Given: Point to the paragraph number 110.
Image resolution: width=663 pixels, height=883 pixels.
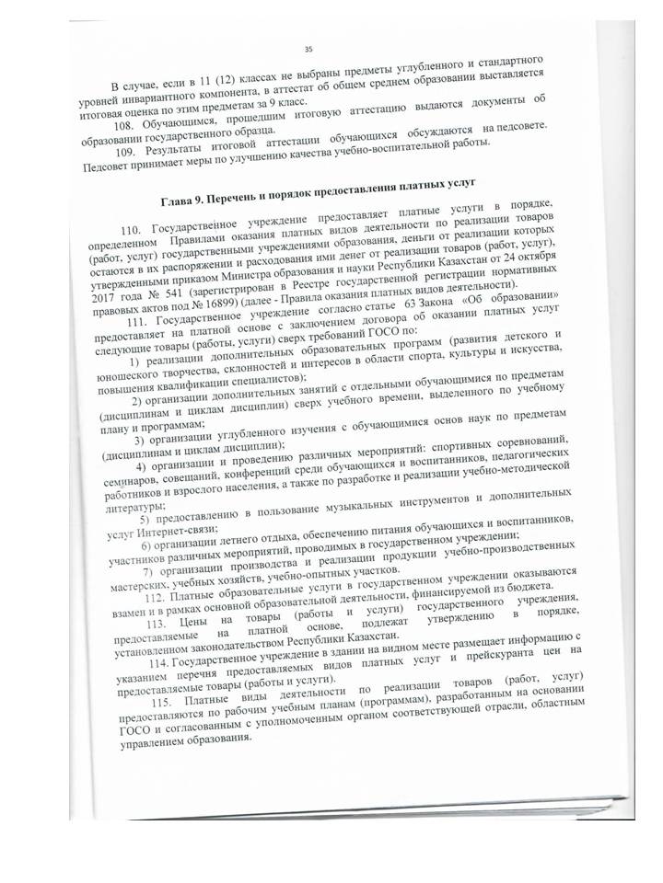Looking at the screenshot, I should (134, 230).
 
